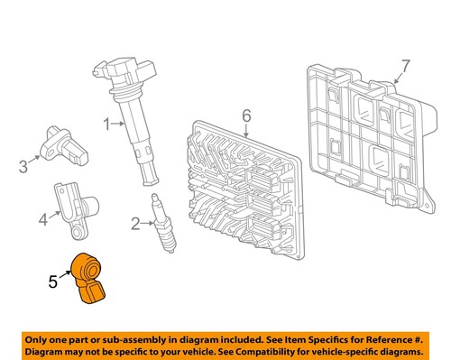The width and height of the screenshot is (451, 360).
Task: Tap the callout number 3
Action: pos(23,165)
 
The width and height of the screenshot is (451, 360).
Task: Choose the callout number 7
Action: pos(405,66)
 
